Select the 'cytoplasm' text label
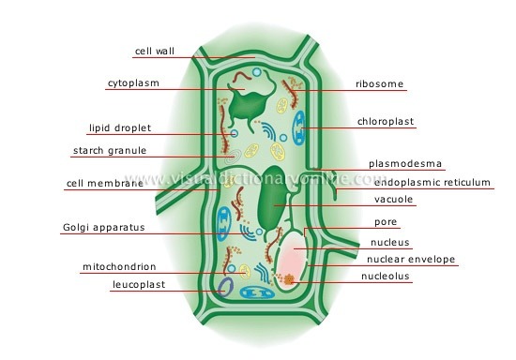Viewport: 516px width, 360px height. pyautogui.click(x=132, y=82)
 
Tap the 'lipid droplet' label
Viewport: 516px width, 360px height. pyautogui.click(x=120, y=127)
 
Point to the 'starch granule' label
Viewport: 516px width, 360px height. pyautogui.click(x=110, y=150)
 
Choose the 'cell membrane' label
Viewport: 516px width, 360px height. pyautogui.click(x=105, y=183)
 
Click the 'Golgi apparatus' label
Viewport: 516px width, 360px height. pyautogui.click(x=102, y=227)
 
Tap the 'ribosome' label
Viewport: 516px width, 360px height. pyautogui.click(x=379, y=83)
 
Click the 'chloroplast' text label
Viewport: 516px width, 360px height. pyautogui.click(x=386, y=121)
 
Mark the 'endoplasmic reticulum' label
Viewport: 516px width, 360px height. pyautogui.click(x=427, y=183)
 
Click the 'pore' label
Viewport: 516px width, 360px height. pyautogui.click(x=386, y=222)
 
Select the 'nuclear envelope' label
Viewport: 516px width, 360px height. pyautogui.click(x=411, y=259)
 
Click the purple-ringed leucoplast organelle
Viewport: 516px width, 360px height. pyautogui.click(x=224, y=287)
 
